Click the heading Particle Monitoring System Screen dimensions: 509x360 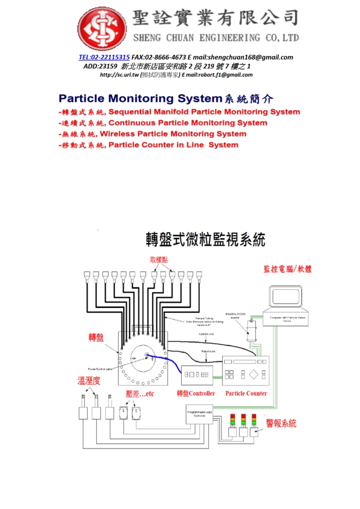tap(139, 98)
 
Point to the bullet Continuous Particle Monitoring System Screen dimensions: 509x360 tap(188, 123)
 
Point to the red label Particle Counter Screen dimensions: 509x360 tap(246, 393)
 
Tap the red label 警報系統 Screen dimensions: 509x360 tap(281, 424)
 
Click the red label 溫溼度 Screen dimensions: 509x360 tap(88, 381)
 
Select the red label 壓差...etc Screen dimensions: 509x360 tap(140, 393)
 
